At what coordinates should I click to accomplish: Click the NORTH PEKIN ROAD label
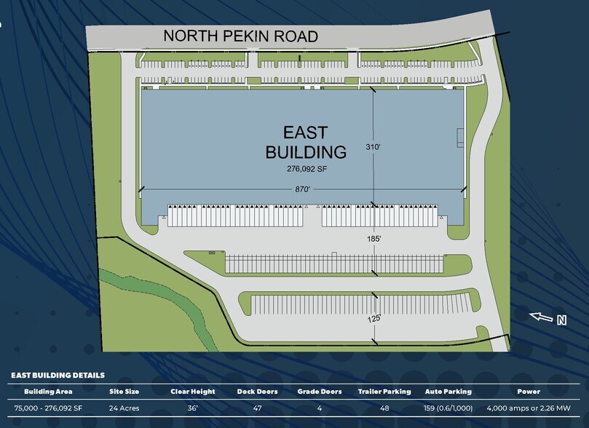(x=240, y=36)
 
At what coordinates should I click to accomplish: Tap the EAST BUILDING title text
(x=305, y=143)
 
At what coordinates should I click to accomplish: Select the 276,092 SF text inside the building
(x=305, y=169)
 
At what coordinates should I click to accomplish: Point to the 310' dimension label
(x=373, y=147)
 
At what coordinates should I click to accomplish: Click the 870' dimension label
(x=301, y=189)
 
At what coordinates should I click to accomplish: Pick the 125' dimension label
(x=374, y=317)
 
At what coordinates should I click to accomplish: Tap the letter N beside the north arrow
(x=561, y=320)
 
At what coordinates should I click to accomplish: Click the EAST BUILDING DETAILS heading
(x=58, y=376)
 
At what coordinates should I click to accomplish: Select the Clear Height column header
(x=192, y=392)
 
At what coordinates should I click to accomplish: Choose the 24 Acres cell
(x=124, y=408)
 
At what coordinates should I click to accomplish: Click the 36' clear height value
(x=192, y=408)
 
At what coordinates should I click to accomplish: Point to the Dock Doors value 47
(x=256, y=408)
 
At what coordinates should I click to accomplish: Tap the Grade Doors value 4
(x=320, y=408)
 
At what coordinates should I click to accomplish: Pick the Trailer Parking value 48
(x=384, y=408)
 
